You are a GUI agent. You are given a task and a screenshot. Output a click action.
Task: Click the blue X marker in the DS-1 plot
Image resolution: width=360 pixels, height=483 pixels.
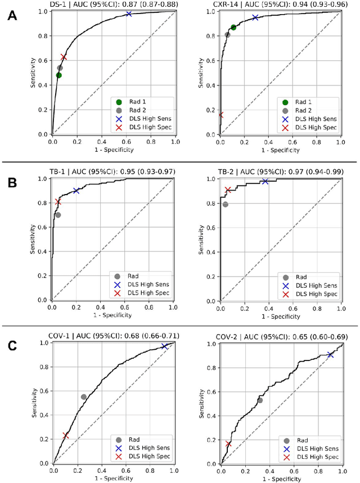(129, 13)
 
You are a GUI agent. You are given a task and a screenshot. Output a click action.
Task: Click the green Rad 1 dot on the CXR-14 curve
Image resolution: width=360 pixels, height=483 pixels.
(233, 27)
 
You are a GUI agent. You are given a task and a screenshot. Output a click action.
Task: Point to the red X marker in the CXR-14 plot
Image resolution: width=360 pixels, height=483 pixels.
(220, 115)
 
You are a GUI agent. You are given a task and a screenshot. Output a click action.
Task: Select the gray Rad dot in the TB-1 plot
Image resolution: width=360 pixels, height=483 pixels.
(58, 215)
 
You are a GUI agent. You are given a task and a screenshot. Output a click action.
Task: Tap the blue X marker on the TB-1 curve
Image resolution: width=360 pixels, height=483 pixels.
(76, 191)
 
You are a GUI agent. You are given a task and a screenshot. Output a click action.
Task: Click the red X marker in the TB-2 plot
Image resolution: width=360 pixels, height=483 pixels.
(228, 190)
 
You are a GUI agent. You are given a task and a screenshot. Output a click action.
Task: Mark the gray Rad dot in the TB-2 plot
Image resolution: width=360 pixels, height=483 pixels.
(225, 204)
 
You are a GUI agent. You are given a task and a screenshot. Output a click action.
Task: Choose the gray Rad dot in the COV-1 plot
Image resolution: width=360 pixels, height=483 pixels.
(84, 397)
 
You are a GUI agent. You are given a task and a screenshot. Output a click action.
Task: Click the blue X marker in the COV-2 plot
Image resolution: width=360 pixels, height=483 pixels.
(330, 355)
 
